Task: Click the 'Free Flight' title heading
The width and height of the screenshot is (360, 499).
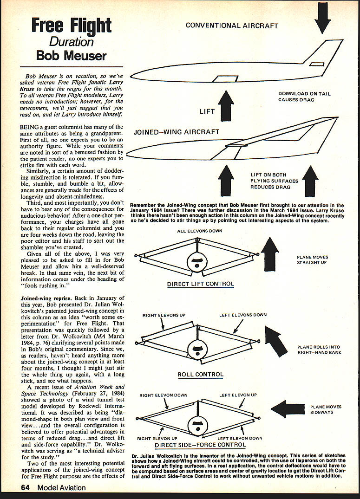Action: [x=71, y=25]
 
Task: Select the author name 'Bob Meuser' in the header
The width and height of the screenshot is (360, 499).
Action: [x=72, y=56]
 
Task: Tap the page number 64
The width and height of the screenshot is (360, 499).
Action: [x=26, y=487]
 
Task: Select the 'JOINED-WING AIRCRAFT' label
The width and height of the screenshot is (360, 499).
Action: [x=177, y=132]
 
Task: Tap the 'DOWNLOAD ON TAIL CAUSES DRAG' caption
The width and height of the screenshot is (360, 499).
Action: [x=304, y=97]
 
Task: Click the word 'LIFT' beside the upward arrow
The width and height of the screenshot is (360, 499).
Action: [x=207, y=112]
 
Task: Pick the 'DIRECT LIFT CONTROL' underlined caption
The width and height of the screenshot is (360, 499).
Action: [x=201, y=284]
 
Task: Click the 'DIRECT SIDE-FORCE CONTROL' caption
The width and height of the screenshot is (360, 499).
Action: [x=200, y=445]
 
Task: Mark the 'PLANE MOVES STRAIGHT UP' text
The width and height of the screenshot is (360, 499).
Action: [x=312, y=259]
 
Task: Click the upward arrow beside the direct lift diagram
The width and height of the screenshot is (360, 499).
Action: [x=270, y=254]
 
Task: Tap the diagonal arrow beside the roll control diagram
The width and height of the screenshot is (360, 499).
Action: [x=275, y=341]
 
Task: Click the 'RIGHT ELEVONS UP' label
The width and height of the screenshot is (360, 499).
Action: [x=164, y=315]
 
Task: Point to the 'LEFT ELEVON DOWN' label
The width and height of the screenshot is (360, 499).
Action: [x=240, y=438]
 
